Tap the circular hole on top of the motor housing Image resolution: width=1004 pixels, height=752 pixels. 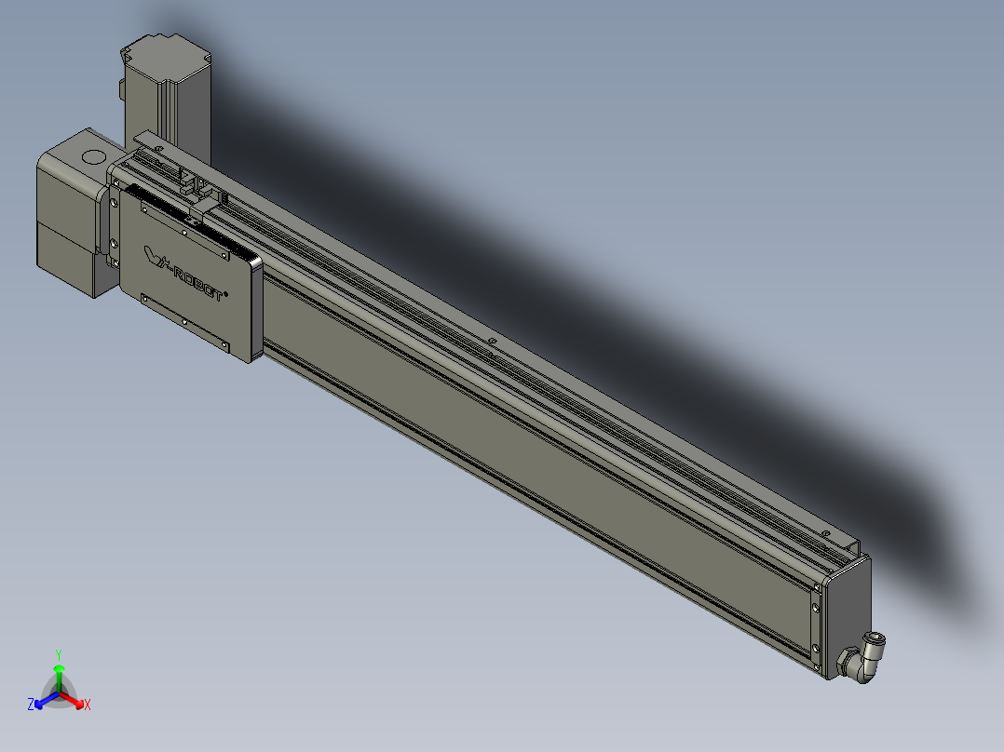point(92,155)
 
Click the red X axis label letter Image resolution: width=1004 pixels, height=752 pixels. point(88,705)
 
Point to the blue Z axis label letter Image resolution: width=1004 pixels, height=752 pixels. point(31,705)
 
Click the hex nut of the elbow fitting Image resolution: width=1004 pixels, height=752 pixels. point(851,664)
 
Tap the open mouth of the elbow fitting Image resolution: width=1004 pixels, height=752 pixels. point(878,638)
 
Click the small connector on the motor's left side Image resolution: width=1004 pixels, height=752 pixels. point(121,89)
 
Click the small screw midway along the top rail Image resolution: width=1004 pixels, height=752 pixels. point(491,342)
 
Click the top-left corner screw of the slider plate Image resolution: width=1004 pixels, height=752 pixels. point(144,208)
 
